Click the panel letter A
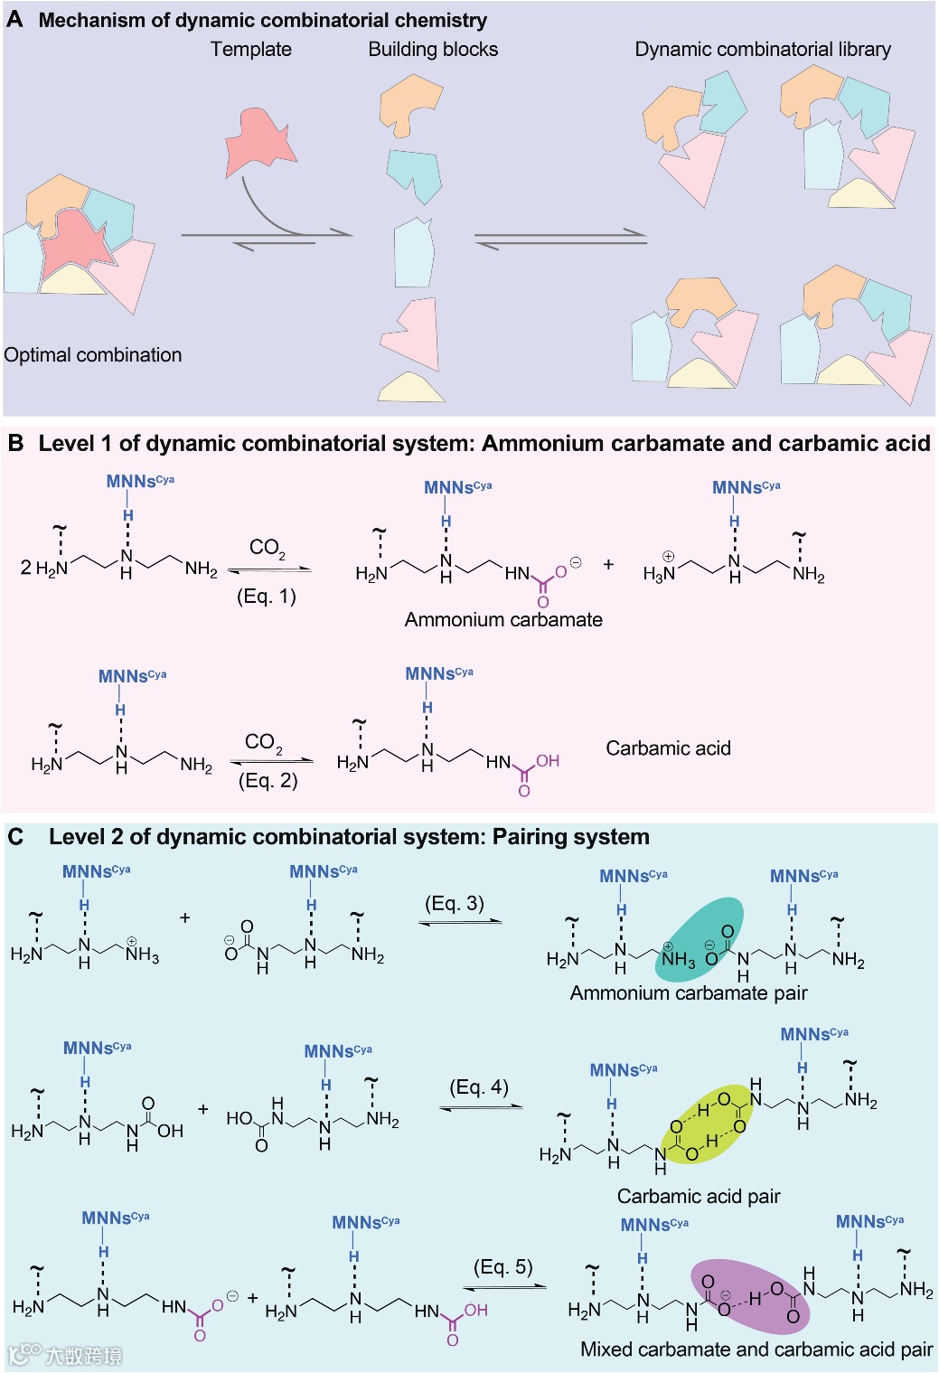coord(14,20)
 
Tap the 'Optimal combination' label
coord(93,355)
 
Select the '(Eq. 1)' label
coord(267,597)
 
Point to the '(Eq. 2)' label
coord(268,781)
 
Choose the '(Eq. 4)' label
coord(479,1087)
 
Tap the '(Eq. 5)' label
coord(503,1267)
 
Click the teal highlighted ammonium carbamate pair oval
coord(699,940)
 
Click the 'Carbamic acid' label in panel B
coord(668,748)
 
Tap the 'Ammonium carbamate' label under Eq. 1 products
coord(503,620)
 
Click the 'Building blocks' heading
coord(433,50)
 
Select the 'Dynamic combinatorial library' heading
coord(763,50)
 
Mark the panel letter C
coord(15,837)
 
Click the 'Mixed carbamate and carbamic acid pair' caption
coord(756,1349)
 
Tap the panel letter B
coord(15,444)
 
